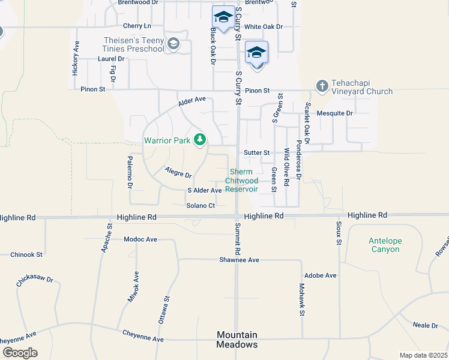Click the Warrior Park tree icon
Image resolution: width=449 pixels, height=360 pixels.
[200, 140]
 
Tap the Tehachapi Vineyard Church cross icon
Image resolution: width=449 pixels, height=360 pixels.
[322, 86]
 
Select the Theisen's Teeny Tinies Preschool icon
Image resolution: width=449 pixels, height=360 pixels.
[173, 43]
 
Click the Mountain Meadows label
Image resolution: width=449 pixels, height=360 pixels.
[237, 340]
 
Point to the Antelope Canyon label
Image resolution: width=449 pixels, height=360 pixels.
[385, 245]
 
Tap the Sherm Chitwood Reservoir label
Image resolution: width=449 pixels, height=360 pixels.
[242, 180]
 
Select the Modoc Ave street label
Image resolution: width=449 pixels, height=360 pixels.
[140, 239]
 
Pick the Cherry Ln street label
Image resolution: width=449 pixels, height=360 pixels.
[137, 26]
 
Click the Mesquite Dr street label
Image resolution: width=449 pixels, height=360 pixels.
[335, 113]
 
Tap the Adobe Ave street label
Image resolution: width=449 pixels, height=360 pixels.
[321, 275]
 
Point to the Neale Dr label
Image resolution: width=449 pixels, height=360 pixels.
[426, 325]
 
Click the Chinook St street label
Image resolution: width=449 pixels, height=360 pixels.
[26, 254]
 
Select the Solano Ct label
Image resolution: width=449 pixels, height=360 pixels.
[200, 206]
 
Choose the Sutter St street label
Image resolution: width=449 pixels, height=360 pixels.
[257, 153]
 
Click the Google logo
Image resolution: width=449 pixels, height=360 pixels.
[20, 353]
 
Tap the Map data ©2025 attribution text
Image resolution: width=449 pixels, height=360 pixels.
[423, 355]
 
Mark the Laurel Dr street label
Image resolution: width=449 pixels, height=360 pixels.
[111, 59]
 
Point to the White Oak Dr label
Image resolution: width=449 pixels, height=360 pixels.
[263, 27]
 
